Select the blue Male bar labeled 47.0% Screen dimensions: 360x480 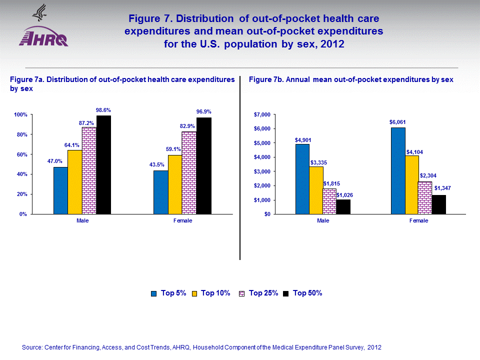60,190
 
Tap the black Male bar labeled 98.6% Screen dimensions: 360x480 103,164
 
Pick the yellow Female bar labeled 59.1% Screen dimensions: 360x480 175,184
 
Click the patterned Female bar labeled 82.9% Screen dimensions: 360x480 189,172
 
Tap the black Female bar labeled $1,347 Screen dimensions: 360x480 438,204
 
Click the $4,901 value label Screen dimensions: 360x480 302,140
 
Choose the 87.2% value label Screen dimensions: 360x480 88,123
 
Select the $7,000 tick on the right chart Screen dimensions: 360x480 262,114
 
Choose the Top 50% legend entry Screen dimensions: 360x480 302,293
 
